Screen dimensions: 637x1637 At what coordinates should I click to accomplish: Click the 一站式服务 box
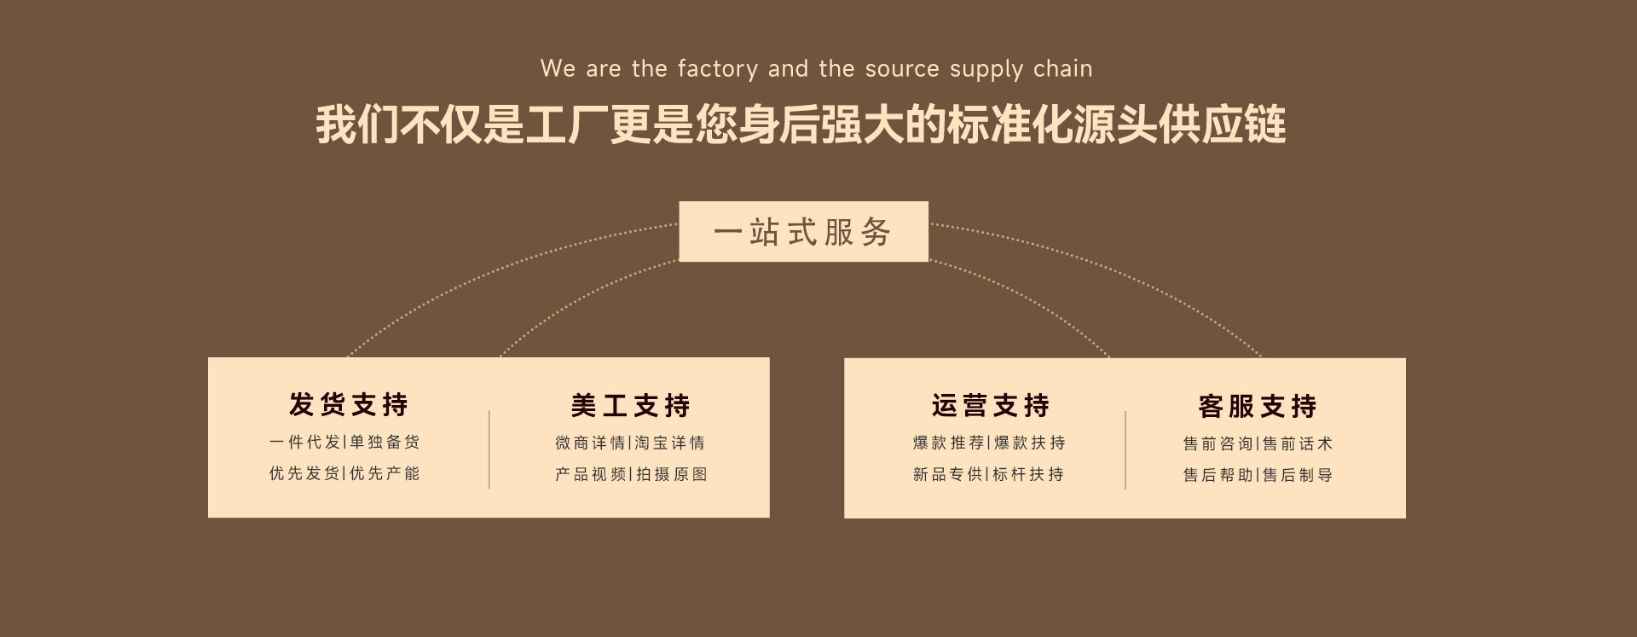pos(803,232)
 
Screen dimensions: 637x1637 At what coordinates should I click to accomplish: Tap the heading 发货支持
pos(349,404)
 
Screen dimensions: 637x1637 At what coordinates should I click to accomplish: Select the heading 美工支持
pos(630,405)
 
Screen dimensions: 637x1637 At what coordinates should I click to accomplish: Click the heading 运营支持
pos(990,405)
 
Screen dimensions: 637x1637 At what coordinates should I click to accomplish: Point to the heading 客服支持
pos(1258,406)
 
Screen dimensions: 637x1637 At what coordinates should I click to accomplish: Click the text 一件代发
pos(304,442)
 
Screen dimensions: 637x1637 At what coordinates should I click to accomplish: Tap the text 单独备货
pos(385,442)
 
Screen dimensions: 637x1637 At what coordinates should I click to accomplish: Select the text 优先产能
pos(385,473)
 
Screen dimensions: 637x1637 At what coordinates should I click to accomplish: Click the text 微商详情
pos(590,443)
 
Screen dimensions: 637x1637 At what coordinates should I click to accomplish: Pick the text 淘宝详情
pos(670,443)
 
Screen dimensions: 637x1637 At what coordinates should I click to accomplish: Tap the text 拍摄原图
pos(672,474)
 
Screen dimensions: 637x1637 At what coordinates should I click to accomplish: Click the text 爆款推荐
pos(948,443)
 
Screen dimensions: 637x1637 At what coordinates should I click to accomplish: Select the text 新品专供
pos(948,474)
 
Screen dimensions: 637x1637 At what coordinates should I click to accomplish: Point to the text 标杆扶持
pos(1028,474)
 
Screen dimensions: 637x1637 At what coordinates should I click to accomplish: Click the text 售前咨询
pos(1218,443)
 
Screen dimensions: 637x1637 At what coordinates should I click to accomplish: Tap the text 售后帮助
pos(1218,475)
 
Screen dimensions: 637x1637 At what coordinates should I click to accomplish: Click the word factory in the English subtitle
pos(717,69)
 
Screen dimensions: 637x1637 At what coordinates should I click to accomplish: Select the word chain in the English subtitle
pos(1062,69)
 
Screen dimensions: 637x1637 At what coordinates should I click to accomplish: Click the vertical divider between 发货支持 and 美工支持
pos(489,449)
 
